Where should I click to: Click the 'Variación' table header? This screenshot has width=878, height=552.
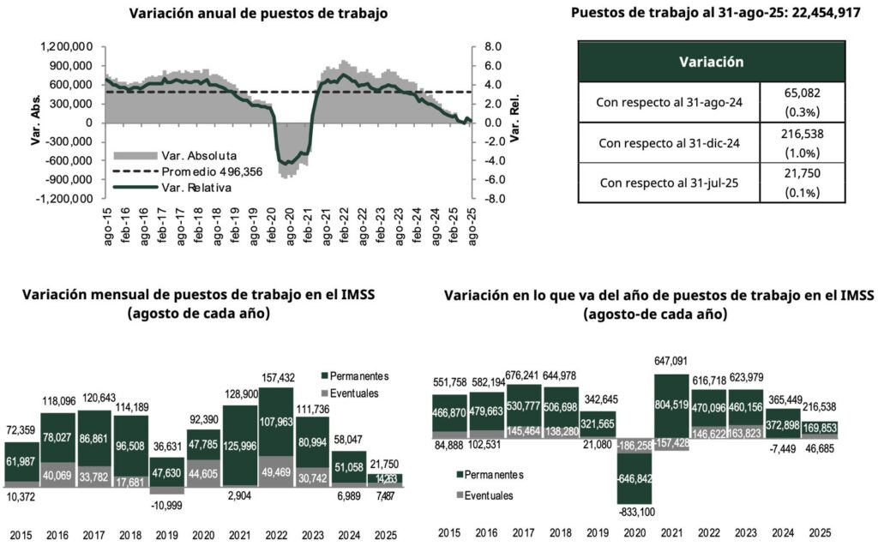pyautogui.click(x=711, y=62)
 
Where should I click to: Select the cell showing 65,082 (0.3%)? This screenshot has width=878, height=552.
pyautogui.click(x=803, y=102)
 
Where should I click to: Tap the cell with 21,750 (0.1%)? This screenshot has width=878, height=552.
pyautogui.click(x=803, y=183)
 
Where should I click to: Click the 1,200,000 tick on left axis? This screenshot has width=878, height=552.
pyautogui.click(x=66, y=46)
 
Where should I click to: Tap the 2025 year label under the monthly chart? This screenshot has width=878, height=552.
pyautogui.click(x=383, y=536)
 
